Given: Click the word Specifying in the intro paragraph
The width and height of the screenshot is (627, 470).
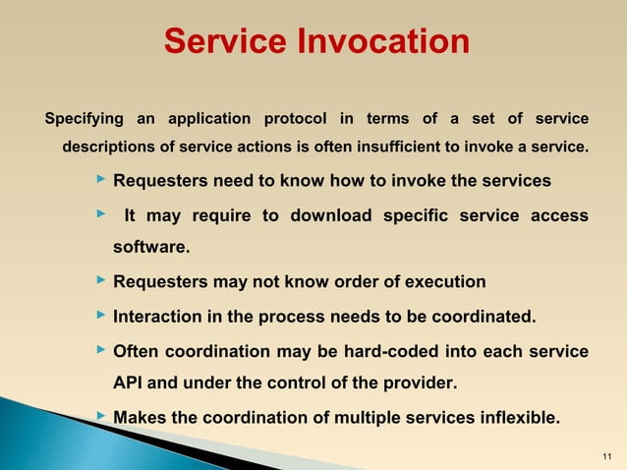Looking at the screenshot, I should point(85,119).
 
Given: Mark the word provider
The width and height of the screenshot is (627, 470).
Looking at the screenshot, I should point(420,382).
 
